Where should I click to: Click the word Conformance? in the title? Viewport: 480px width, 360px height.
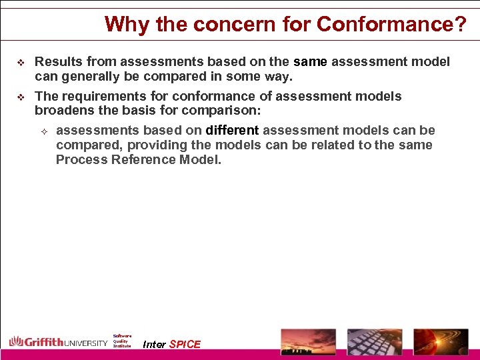(392, 25)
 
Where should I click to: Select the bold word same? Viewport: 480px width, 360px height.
(310, 62)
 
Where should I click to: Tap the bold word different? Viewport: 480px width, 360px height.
(232, 130)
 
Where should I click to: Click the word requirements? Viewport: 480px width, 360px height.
(98, 96)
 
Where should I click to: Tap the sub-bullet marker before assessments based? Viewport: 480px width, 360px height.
(44, 131)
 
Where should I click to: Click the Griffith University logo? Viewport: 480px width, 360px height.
(58, 342)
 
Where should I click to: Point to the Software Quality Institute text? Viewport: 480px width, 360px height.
(122, 341)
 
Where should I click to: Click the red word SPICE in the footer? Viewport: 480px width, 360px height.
(185, 345)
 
